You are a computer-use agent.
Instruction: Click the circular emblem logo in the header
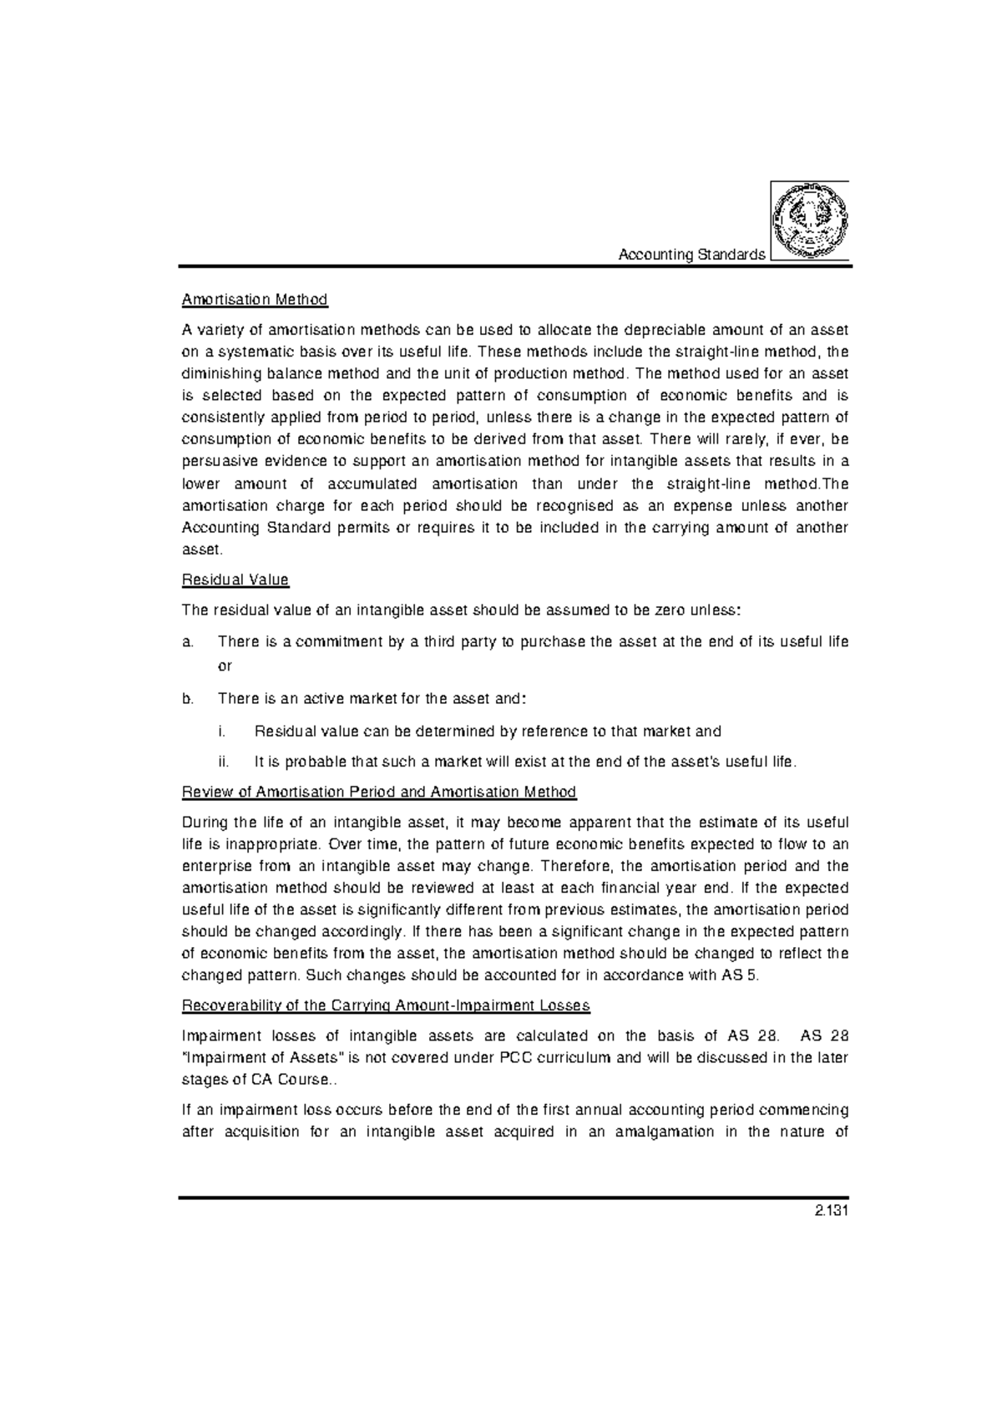[x=809, y=220]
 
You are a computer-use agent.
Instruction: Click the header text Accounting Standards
[x=691, y=255]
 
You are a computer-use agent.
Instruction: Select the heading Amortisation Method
[x=255, y=299]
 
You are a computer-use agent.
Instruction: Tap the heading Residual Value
[x=235, y=580]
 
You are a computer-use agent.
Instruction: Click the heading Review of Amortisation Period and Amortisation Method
[x=379, y=792]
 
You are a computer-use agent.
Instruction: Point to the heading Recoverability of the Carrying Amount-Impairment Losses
[x=386, y=1005]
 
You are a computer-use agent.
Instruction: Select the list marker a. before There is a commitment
[x=187, y=642]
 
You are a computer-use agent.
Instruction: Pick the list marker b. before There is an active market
[x=187, y=698]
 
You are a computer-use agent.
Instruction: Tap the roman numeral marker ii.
[x=222, y=762]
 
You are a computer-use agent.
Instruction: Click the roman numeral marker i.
[x=220, y=732]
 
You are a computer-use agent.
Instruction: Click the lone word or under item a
[x=225, y=666]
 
